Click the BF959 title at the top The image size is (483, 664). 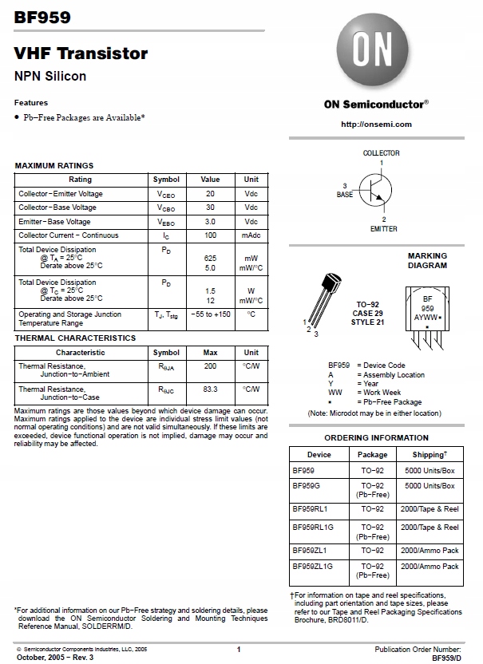tap(42, 16)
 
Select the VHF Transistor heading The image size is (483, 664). tap(81, 53)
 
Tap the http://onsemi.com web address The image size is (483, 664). tap(376, 124)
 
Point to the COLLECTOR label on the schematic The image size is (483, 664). tap(381, 152)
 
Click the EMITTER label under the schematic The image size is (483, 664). tap(383, 229)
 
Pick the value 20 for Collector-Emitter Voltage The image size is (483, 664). tap(210, 194)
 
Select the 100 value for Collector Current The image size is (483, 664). tap(210, 235)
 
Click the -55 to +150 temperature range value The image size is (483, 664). tap(210, 314)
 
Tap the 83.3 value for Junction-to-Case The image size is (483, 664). tap(210, 389)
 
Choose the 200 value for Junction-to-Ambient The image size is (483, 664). tap(210, 366)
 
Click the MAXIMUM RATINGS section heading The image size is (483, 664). tap(54, 165)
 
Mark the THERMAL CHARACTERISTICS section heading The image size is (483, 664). tap(75, 338)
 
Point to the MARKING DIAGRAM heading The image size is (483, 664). tap(427, 261)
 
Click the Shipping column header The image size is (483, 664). tap(430, 454)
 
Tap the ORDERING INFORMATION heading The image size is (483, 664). tap(376, 438)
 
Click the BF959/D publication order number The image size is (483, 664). tap(446, 658)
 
